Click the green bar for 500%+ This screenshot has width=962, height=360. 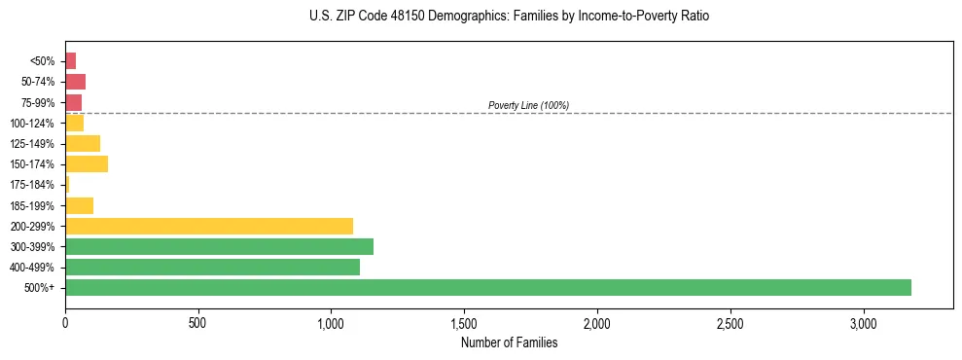pyautogui.click(x=487, y=287)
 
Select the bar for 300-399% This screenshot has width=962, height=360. pyautogui.click(x=219, y=246)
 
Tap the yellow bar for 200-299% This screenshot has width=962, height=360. pyautogui.click(x=209, y=226)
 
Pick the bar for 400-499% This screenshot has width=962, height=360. pyautogui.click(x=212, y=267)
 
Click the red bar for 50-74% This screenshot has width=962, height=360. pyautogui.click(x=75, y=81)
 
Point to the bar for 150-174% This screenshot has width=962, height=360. pyautogui.click(x=87, y=163)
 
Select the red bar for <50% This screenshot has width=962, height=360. pyautogui.click(x=70, y=60)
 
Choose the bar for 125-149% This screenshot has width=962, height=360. pyautogui.click(x=83, y=143)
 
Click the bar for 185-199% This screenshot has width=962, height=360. pyautogui.click(x=79, y=205)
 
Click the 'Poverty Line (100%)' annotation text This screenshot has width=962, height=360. pyautogui.click(x=528, y=105)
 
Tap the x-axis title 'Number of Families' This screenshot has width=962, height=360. pyautogui.click(x=509, y=342)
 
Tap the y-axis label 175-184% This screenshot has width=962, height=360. pyautogui.click(x=32, y=185)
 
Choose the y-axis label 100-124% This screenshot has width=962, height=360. pyautogui.click(x=32, y=123)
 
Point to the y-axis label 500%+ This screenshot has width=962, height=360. pyautogui.click(x=40, y=288)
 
